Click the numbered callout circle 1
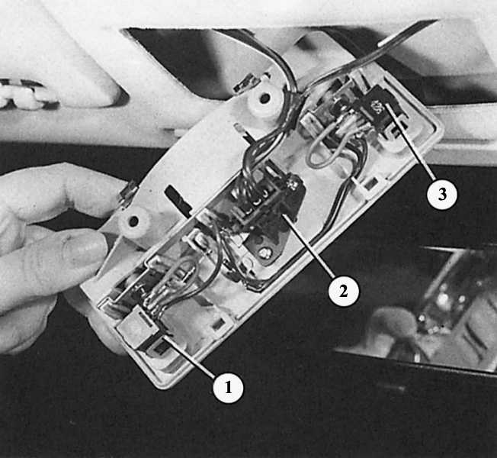click(228, 388)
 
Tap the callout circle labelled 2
click(344, 291)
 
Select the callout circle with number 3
click(442, 193)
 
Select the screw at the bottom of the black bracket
click(263, 253)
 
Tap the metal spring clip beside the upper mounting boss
click(248, 83)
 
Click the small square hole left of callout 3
click(371, 183)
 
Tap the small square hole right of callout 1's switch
click(218, 324)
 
